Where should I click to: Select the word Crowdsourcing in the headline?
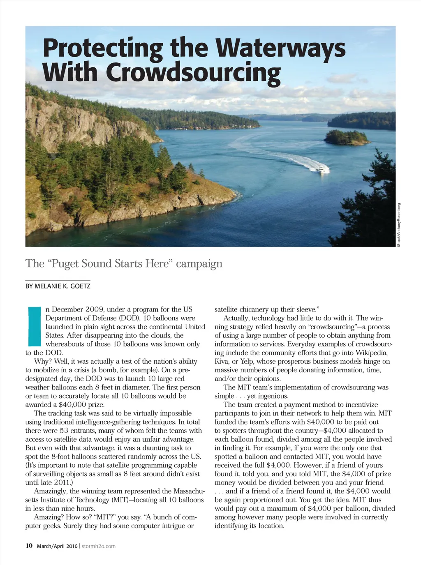pyautogui.click(x=193, y=72)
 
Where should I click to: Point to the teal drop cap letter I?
pyautogui.click(x=34, y=326)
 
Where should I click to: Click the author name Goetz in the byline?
pyautogui.click(x=81, y=286)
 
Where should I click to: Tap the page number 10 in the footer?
pyautogui.click(x=29, y=546)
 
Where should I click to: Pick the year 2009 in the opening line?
pyautogui.click(x=95, y=309)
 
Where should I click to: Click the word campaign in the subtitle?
pyautogui.click(x=199, y=263)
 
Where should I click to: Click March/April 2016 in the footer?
pyautogui.click(x=57, y=546)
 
